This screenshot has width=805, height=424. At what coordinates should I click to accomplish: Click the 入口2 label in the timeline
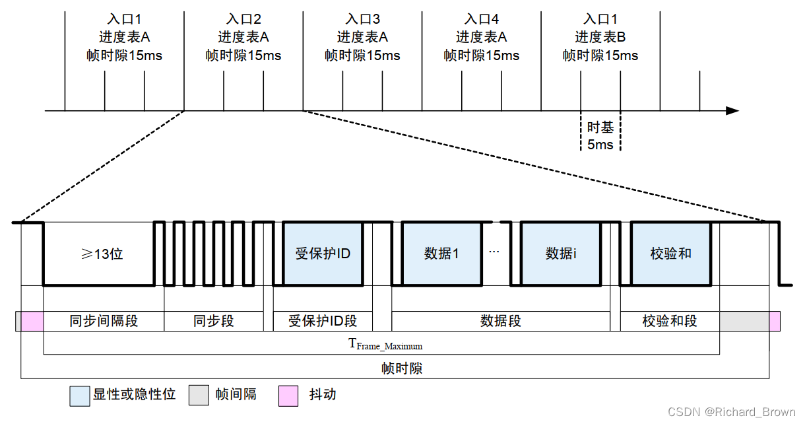click(x=243, y=20)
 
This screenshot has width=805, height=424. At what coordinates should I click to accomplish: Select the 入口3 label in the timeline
click(x=362, y=20)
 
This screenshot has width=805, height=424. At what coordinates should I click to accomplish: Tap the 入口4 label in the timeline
click(x=481, y=20)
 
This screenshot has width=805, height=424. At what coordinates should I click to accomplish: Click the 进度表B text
click(x=600, y=38)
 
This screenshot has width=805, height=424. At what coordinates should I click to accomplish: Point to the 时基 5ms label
click(x=600, y=135)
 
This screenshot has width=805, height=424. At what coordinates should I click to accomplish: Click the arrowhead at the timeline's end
click(x=732, y=111)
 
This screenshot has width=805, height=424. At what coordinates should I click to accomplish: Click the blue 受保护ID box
click(x=323, y=254)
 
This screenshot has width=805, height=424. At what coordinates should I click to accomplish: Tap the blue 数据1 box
click(x=441, y=254)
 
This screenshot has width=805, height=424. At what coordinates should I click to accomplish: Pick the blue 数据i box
click(x=561, y=254)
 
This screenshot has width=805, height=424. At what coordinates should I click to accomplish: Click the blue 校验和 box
click(x=671, y=254)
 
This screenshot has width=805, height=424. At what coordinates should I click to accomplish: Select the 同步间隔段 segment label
click(x=104, y=322)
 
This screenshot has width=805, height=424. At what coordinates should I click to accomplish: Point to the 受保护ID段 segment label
click(x=323, y=322)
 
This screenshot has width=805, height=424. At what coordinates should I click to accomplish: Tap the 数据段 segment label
click(x=501, y=322)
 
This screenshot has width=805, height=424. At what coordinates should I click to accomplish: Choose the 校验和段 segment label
click(x=670, y=322)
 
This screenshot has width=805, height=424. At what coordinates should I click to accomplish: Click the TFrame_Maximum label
click(x=385, y=345)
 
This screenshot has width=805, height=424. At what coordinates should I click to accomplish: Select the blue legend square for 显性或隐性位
click(x=80, y=396)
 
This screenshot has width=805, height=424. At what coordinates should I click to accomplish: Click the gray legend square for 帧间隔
click(x=199, y=396)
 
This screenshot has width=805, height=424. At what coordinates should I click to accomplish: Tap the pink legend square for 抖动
click(x=287, y=396)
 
